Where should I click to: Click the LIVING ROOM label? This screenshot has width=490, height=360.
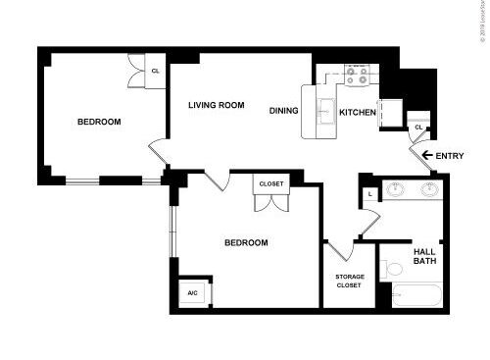coord(217,105)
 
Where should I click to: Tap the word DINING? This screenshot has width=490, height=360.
coord(284,111)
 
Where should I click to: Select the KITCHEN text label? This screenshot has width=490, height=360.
coord(358,113)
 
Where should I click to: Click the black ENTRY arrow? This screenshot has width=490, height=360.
coord(426,155)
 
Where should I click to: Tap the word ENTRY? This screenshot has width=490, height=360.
coord(451,155)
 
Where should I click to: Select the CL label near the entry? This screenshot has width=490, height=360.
coord(418,128)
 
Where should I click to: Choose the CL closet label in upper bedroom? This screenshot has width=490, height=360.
coord(155,70)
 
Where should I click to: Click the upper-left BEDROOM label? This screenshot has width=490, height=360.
coord(99,122)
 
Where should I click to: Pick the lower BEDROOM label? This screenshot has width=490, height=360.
coord(246,242)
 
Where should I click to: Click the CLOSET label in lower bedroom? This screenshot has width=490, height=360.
coord(270,183)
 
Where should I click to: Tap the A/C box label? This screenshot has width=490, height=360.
coord(191,293)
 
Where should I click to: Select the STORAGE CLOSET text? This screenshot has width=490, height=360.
coord(350,282)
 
